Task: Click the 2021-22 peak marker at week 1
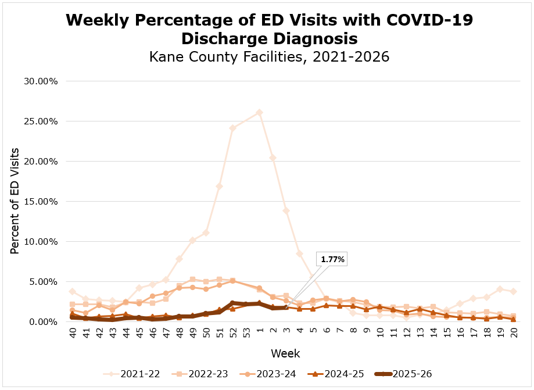(259, 112)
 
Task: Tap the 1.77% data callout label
(331, 260)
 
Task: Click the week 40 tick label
(72, 334)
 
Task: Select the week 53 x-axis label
(246, 334)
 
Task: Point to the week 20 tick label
(514, 334)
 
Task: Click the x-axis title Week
(285, 353)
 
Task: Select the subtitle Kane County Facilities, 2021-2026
(268, 57)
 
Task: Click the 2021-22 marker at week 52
(232, 128)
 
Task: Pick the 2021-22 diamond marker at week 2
(273, 158)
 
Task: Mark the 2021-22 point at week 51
(219, 187)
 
